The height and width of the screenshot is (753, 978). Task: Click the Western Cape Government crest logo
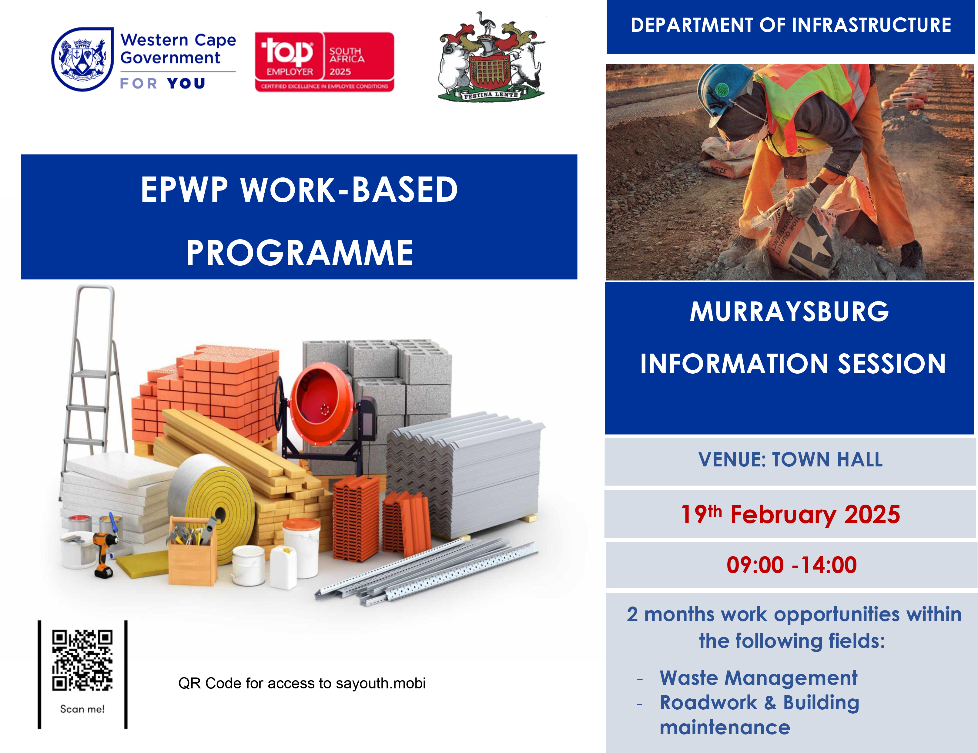tap(82, 59)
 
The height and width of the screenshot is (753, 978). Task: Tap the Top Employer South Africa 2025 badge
tap(324, 62)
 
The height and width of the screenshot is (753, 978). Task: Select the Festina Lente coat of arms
tap(491, 57)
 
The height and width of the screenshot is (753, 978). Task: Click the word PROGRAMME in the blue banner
tap(299, 253)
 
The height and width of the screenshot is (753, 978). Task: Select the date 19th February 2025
tap(790, 514)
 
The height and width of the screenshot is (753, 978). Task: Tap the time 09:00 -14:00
tap(791, 565)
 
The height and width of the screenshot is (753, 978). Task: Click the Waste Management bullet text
tap(758, 678)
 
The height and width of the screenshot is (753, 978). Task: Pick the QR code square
tap(82, 660)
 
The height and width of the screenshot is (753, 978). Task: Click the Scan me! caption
tap(82, 709)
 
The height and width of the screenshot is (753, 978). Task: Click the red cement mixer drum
tap(320, 403)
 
